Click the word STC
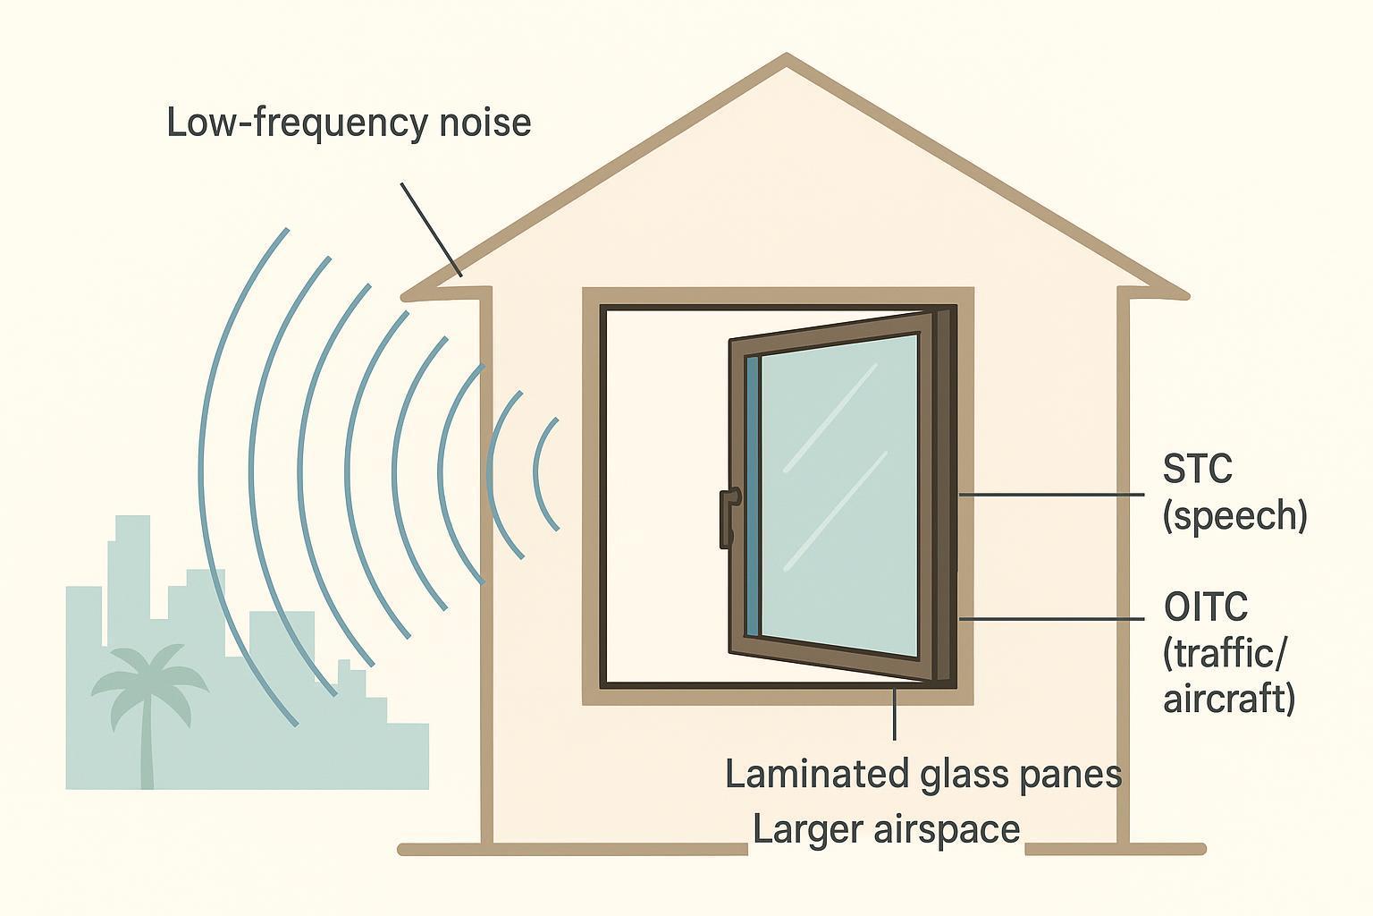click(x=1197, y=469)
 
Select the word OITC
click(x=1206, y=608)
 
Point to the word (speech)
click(x=1234, y=516)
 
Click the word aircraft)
click(x=1229, y=698)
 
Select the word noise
click(x=485, y=123)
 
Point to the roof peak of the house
click(x=787, y=61)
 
